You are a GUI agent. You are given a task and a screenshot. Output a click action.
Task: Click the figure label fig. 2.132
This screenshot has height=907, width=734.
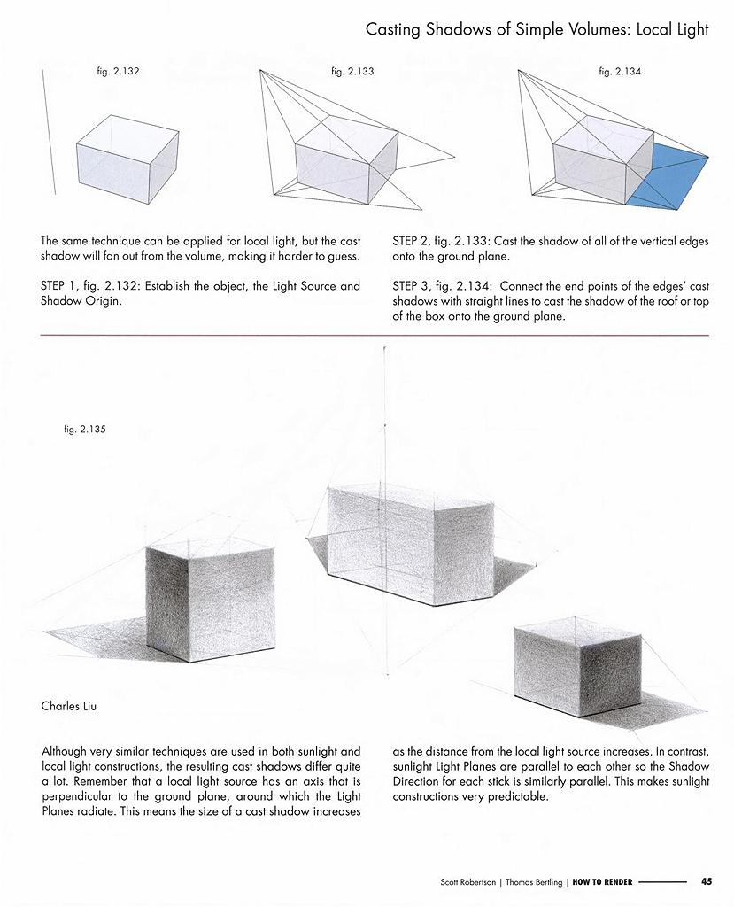coord(119,71)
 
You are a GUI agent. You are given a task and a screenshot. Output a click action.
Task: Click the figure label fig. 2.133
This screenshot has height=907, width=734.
coord(352,71)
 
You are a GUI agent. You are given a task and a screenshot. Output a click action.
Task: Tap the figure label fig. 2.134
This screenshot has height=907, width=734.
coord(620,71)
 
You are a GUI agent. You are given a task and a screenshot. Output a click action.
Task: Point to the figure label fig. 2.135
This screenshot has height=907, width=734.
coord(85,430)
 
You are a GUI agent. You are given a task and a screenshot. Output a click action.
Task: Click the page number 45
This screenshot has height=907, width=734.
coord(706,881)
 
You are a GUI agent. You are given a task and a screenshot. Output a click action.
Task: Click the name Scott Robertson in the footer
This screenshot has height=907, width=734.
coord(468,881)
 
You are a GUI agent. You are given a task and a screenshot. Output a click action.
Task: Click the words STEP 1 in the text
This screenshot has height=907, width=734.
coord(59,286)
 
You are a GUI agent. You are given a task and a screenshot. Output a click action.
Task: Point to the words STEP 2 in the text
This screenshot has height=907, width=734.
coord(411,240)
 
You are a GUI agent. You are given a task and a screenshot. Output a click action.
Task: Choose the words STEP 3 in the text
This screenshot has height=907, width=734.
coord(411,286)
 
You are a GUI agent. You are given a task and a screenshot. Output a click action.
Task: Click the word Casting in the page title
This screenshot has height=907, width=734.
coord(393,29)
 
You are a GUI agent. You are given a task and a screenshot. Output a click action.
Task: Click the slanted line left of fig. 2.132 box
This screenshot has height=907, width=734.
coord(48,128)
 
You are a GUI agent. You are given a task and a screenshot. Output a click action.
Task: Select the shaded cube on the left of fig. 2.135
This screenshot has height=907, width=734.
coord(208,602)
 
